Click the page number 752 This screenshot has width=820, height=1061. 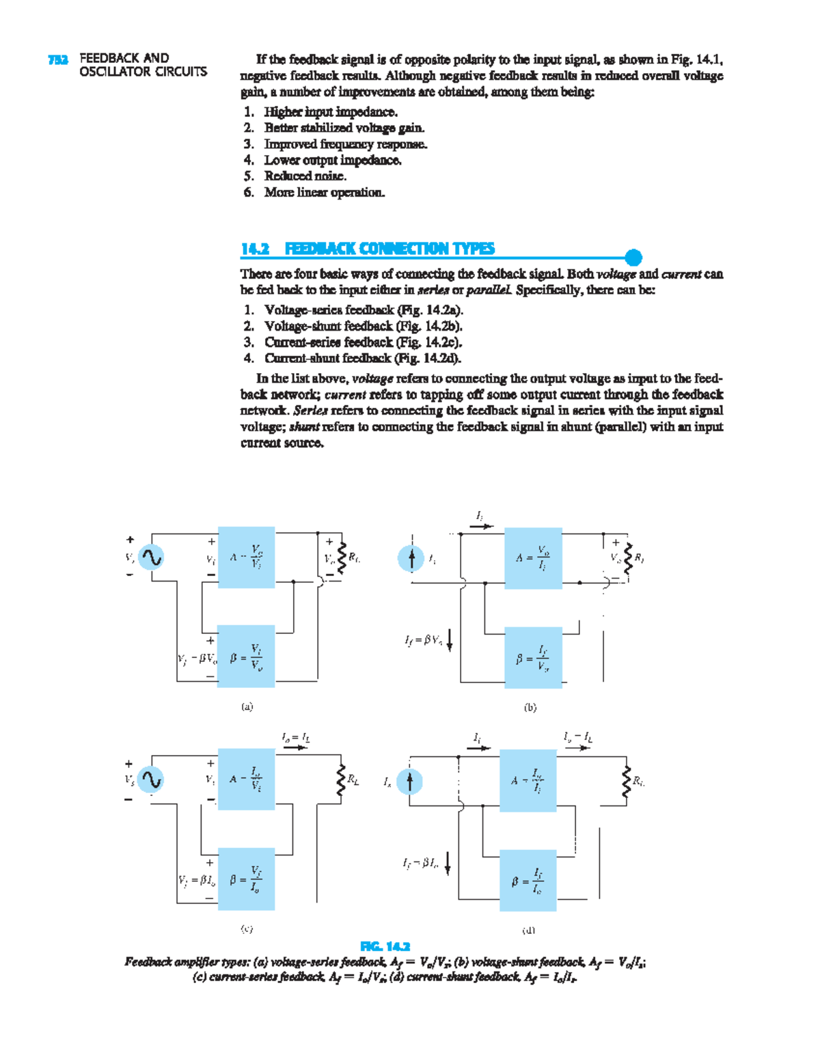point(58,59)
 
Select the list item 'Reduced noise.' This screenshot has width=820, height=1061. point(305,176)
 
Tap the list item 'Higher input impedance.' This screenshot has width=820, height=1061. point(331,112)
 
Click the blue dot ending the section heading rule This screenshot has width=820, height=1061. point(633,258)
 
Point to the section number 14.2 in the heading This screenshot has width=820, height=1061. point(254,249)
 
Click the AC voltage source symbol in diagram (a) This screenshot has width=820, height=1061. point(151,557)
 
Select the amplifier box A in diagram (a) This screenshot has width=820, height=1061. point(246,557)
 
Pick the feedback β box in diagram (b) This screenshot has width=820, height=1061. point(533,657)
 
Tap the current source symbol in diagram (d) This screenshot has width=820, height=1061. point(409,781)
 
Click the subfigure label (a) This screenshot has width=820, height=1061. point(247,707)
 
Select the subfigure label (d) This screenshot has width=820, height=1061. point(528,929)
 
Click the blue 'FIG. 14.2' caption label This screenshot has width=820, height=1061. point(385,946)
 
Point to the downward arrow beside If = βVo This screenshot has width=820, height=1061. point(449,641)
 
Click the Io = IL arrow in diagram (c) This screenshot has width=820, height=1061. point(295,747)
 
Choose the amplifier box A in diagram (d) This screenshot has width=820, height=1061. point(528,780)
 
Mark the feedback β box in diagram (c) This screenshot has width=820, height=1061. point(246,879)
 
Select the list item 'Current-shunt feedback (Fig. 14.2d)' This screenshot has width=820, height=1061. point(362,358)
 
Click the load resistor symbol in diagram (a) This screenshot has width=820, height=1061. point(343,557)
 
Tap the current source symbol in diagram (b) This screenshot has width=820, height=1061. point(411,559)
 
